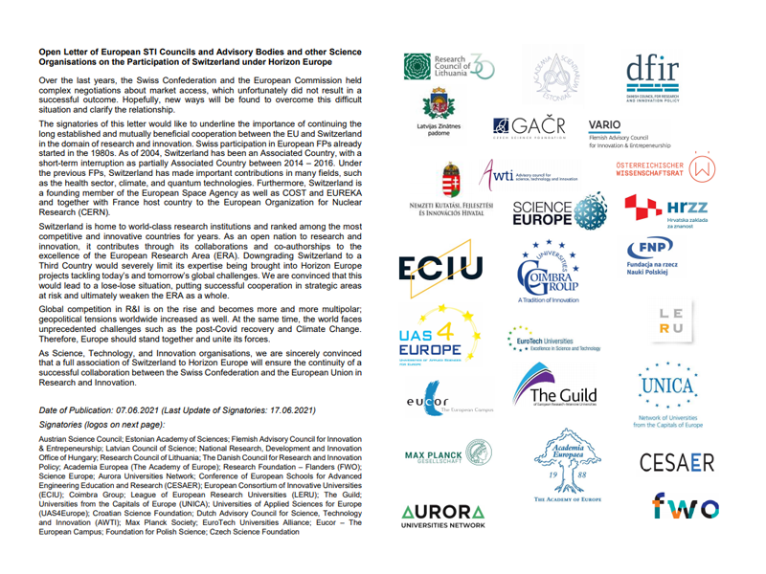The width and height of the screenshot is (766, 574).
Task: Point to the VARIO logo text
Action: coord(604,124)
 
